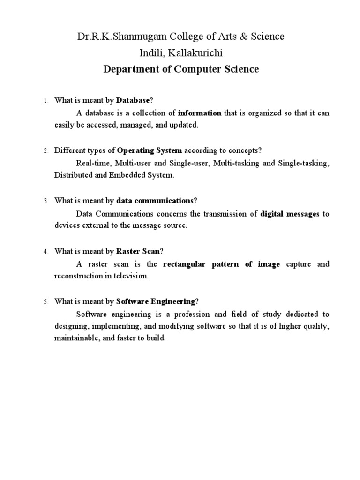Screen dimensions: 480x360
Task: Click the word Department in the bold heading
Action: point(128,69)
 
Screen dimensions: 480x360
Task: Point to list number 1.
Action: point(45,101)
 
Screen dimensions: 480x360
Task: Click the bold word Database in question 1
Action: point(133,100)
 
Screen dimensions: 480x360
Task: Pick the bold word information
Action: point(200,113)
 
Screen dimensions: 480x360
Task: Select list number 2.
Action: point(45,151)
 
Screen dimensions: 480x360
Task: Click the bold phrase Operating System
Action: point(150,150)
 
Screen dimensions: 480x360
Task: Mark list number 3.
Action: point(45,201)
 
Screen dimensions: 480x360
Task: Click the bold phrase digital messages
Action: point(290,214)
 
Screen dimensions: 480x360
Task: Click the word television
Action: point(131,276)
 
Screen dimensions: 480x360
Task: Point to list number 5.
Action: point(45,302)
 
